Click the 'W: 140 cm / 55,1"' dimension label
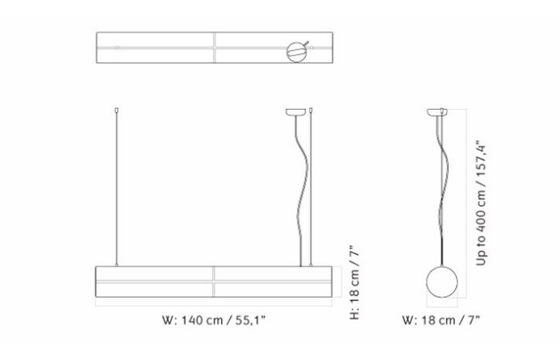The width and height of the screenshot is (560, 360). click(214, 320)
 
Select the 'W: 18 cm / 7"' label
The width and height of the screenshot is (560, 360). click(441, 320)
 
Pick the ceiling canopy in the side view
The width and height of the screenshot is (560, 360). click(438, 111)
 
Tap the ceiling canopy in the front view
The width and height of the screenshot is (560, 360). click(295, 111)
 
